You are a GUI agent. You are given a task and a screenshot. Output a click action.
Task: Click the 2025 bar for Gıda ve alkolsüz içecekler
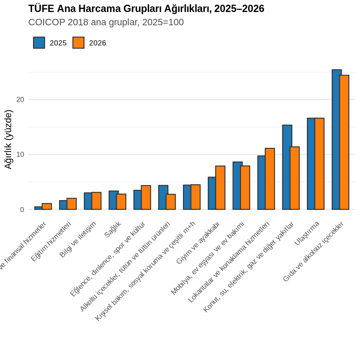tap(336, 139)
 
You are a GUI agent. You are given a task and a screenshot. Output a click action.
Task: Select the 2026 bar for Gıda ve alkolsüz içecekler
tap(344, 142)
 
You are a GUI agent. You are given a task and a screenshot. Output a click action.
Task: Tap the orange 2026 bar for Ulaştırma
tap(319, 164)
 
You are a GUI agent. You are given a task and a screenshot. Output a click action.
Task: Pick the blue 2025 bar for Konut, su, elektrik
tap(287, 167)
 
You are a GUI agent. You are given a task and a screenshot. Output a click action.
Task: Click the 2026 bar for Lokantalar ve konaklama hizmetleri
tap(270, 179)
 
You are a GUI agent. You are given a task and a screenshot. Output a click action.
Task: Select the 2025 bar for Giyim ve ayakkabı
tap(212, 193)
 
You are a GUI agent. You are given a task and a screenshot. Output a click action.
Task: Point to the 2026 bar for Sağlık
tap(121, 202)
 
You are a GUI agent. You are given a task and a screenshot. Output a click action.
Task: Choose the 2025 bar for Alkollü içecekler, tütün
tap(163, 198)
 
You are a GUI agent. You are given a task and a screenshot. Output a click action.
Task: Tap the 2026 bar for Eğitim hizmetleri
tap(72, 204)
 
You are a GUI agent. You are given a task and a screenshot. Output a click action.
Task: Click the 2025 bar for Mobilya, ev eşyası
tap(237, 186)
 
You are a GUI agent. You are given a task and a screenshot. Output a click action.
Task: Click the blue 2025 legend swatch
tap(39, 43)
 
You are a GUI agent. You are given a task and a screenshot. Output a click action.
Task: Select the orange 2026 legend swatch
tap(78, 43)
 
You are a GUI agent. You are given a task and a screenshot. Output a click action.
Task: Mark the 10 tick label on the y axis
tap(20, 155)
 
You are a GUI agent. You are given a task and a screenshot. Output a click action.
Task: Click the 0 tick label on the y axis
tap(22, 210)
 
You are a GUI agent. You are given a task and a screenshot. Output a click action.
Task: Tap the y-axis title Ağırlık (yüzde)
tap(8, 139)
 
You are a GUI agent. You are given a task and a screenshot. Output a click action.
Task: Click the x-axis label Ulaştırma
tap(307, 234)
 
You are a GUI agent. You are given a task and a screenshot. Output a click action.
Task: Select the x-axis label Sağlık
tap(113, 230)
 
